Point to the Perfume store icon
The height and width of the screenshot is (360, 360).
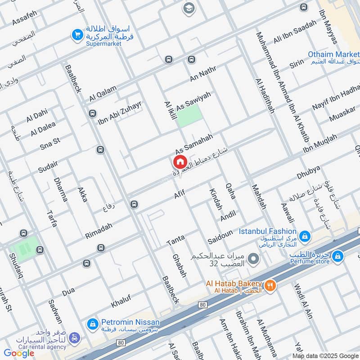coord(338,256)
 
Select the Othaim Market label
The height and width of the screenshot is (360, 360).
coord(333,54)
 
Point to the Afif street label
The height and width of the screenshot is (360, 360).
coord(180,194)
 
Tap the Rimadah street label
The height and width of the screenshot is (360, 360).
coord(99,229)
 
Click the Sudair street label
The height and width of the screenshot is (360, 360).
coord(48,166)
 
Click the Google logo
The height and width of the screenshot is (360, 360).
coord(19,353)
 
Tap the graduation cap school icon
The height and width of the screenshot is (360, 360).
coord(188,8)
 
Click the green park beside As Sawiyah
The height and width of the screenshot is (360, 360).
coord(189,117)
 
